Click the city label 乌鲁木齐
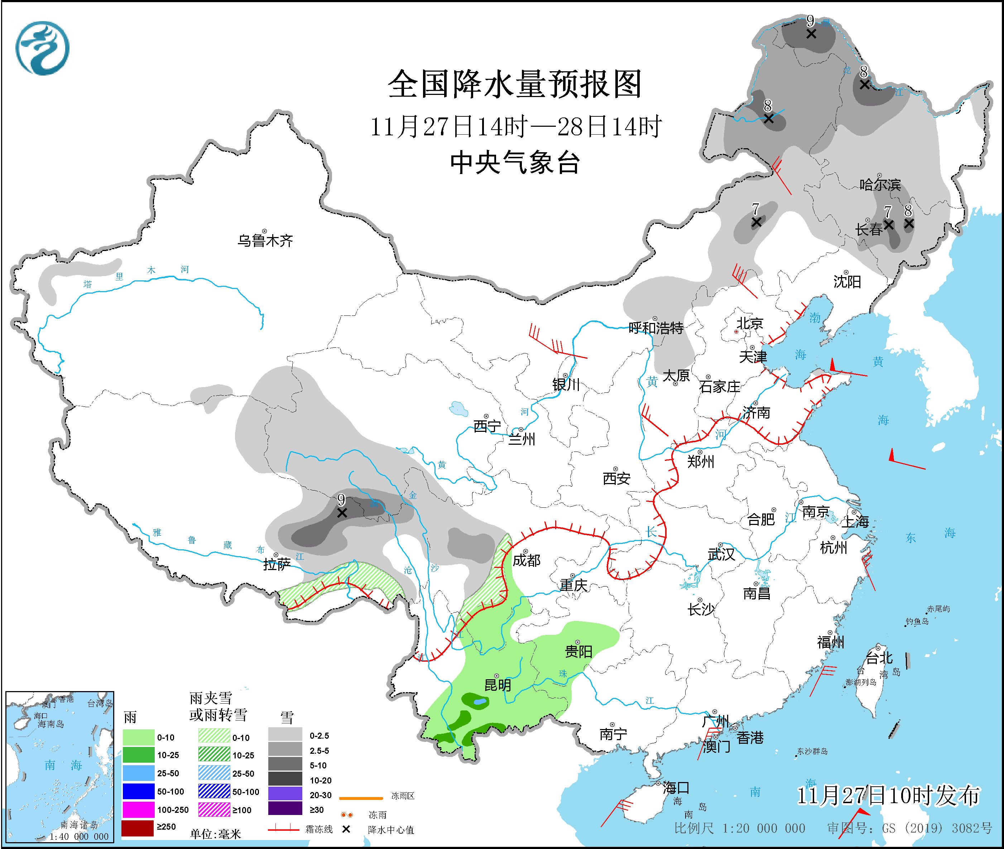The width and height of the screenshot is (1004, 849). tap(265, 240)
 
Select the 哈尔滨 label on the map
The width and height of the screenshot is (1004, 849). tap(880, 185)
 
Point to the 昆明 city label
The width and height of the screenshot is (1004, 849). tap(498, 684)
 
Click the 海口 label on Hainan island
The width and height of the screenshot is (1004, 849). tap(676, 788)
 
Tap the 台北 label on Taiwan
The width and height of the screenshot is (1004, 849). tap(880, 657)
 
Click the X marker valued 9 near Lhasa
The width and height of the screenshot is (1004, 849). tap(342, 513)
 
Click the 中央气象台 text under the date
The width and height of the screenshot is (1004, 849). tap(515, 163)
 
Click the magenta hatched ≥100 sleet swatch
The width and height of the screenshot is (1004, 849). tap(214, 810)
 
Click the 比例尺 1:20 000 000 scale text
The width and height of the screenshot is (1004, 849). tap(740, 828)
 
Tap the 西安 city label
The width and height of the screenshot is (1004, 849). tap(616, 478)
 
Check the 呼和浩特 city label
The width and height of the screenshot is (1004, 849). tap(656, 328)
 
